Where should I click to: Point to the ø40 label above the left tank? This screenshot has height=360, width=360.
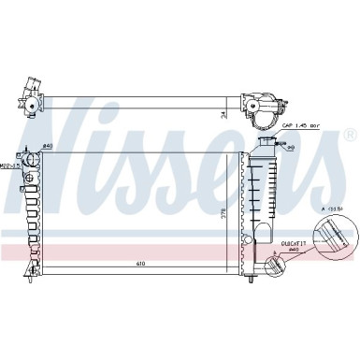(49, 147)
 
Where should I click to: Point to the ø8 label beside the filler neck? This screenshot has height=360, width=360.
(292, 148)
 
